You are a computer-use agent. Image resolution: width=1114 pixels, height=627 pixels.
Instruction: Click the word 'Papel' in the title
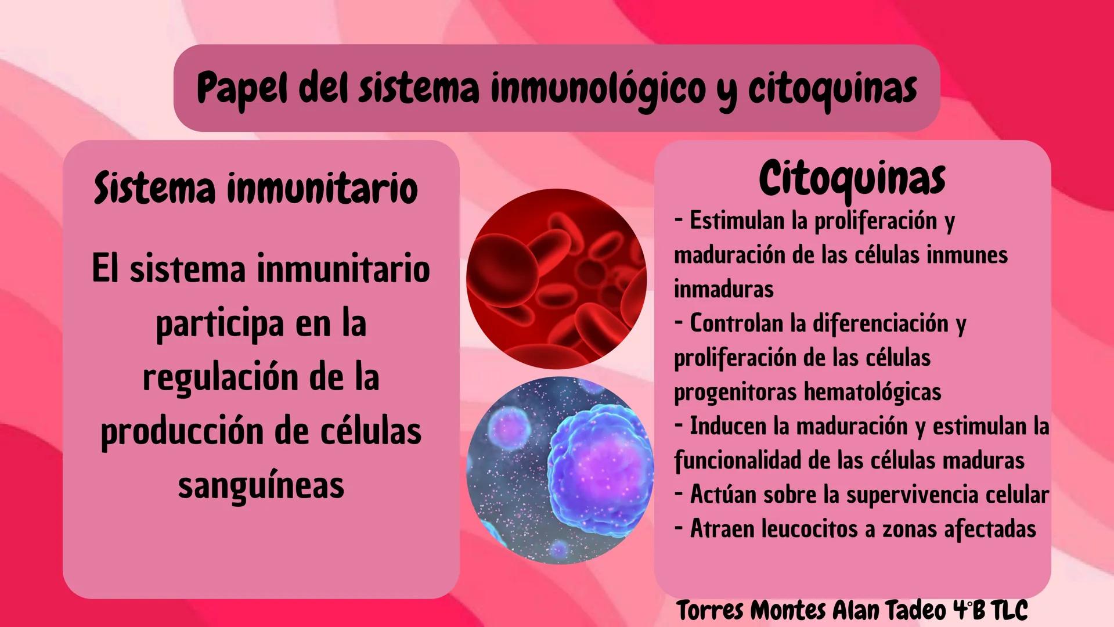[x=241, y=88]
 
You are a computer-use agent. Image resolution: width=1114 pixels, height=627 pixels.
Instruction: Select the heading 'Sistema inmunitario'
[x=256, y=189]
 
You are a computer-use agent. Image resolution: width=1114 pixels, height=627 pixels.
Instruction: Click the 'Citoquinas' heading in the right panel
[x=852, y=179]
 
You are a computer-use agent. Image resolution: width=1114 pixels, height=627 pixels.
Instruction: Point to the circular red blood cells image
[x=556, y=279]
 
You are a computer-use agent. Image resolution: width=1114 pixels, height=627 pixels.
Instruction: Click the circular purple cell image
[x=560, y=470]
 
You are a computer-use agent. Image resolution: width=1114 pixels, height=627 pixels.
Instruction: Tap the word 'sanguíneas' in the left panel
[x=261, y=485]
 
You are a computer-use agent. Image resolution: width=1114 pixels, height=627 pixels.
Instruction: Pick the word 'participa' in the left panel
[x=220, y=324]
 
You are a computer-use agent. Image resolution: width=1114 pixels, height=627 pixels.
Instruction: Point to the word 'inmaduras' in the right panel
[x=724, y=289]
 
